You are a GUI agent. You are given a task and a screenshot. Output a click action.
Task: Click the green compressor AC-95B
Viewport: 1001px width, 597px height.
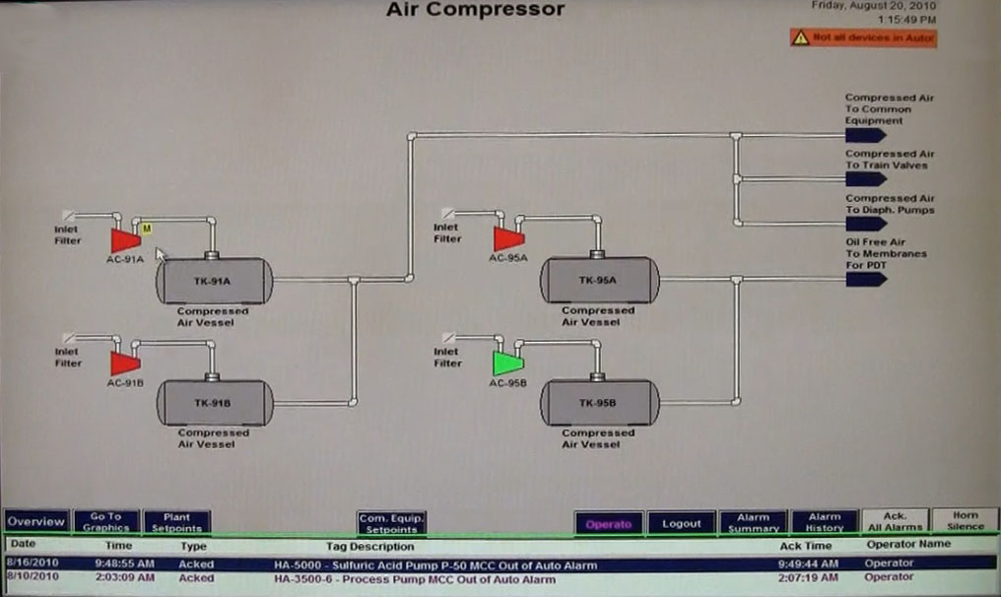coord(507,363)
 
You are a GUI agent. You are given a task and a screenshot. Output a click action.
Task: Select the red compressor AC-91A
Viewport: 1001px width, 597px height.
coord(125,240)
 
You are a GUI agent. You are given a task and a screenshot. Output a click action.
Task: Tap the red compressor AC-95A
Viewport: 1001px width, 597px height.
coord(508,238)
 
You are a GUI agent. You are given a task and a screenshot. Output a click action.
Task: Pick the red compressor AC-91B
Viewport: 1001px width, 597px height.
coord(125,364)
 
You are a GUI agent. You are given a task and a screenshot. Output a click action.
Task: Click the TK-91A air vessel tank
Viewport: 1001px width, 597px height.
coord(214,281)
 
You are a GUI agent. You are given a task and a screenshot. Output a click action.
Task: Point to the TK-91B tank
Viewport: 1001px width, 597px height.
coord(214,403)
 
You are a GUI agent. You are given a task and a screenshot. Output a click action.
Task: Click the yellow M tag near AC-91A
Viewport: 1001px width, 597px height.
coord(147,229)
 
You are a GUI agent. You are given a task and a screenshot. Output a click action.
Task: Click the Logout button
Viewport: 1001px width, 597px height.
coord(681,523)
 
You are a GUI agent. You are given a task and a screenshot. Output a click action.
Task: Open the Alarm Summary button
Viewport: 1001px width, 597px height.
coord(753,523)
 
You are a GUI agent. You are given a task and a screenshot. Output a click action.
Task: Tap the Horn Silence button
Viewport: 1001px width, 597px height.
coord(965,521)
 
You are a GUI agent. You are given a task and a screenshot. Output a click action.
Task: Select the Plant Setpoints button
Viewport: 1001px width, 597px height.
coord(177,522)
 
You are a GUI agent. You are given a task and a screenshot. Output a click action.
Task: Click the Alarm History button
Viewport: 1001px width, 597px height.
coord(824,522)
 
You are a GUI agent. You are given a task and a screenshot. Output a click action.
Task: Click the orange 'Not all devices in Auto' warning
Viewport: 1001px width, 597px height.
coord(863,38)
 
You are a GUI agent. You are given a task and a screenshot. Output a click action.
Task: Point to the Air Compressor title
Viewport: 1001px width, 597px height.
coord(475,10)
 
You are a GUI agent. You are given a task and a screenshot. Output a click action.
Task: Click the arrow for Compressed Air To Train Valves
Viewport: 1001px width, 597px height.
coord(866,179)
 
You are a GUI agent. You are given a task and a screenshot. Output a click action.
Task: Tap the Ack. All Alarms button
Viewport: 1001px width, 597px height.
coord(895,521)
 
